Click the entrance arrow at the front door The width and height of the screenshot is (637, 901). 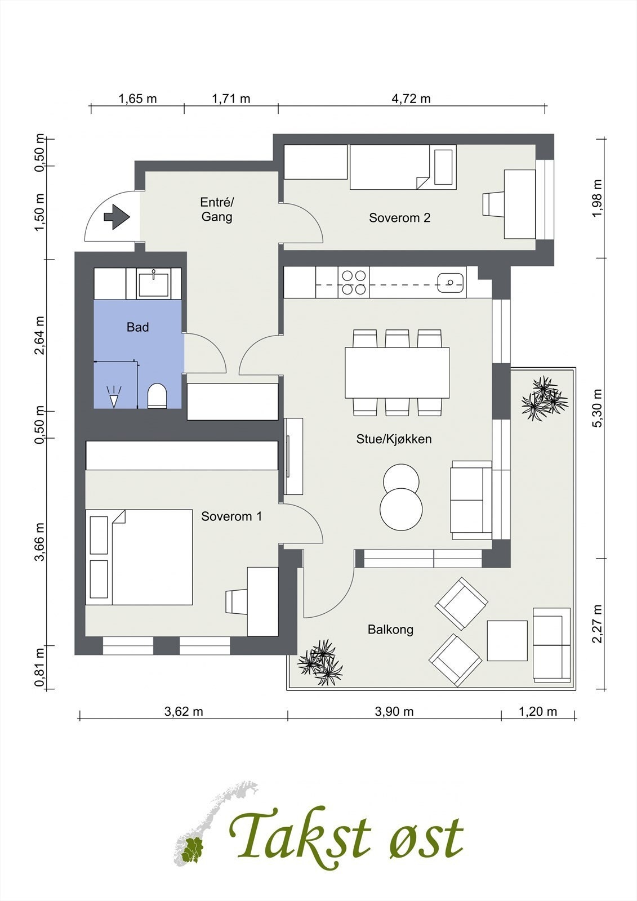pos(117,217)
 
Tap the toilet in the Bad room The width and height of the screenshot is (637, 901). pos(157,395)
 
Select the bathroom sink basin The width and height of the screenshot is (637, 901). pos(153,283)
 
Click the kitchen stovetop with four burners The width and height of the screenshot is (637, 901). pos(354,282)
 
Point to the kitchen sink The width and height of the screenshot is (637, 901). pos(451,282)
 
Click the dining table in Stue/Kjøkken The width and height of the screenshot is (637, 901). pos(397,372)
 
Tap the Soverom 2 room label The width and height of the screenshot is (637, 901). pos(399,217)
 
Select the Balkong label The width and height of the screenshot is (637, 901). pos(390,629)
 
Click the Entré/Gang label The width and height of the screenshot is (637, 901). pos(217,209)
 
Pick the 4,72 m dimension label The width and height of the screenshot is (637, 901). pos(411,99)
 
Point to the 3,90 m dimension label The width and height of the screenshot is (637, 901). pos(394,712)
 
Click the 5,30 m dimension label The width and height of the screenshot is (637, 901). pos(598,408)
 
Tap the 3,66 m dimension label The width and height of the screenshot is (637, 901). pos(39,541)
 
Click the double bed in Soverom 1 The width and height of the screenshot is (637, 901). pos(139,557)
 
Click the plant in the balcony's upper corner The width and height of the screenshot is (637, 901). pos(544,399)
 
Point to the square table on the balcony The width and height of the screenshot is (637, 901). pos(507,641)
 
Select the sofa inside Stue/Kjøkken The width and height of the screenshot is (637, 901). pos(471,500)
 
